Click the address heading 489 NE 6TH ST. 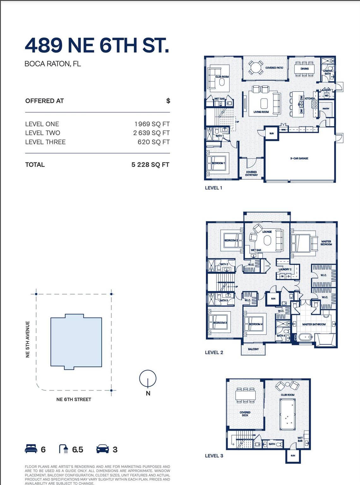tap(97, 45)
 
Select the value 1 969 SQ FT tap(152, 124)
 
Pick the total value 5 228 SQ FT tap(150, 165)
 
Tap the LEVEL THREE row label tap(45, 142)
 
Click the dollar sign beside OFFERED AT tap(168, 101)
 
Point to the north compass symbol tap(148, 379)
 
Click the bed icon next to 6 tap(31, 449)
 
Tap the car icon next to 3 tap(103, 449)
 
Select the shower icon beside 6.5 tap(64, 449)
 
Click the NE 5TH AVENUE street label tap(27, 339)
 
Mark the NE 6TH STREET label tap(74, 399)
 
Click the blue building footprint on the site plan tap(76, 342)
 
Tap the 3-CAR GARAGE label tap(299, 158)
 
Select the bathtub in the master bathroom tap(305, 338)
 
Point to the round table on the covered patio tap(255, 67)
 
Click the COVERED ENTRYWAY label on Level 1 tap(251, 173)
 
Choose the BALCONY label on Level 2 tap(253, 349)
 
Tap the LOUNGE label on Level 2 tap(267, 232)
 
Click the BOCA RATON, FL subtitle tap(53, 64)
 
